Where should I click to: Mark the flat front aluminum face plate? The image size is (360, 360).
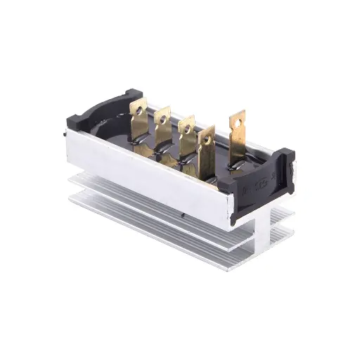click(x=148, y=176)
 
